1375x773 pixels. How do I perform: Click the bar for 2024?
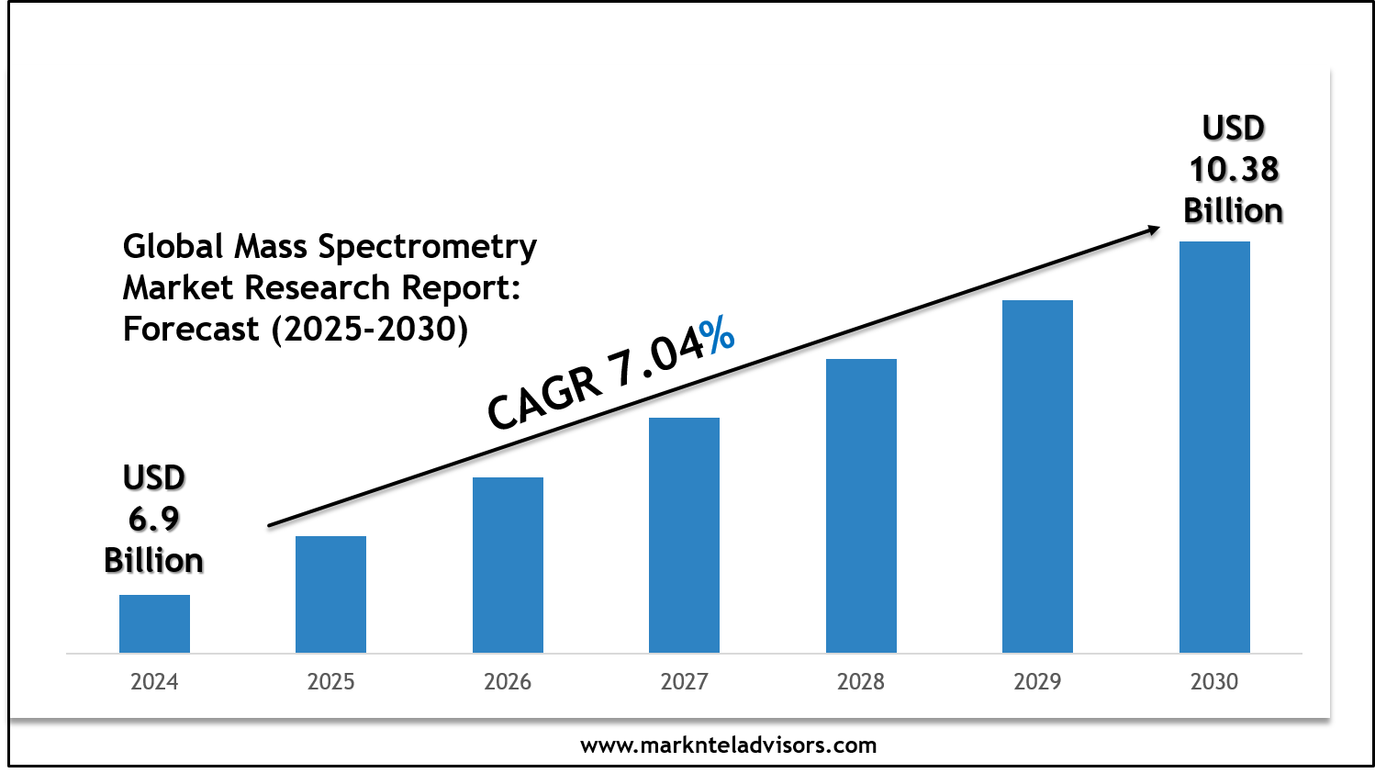154,623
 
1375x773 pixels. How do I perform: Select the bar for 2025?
330,594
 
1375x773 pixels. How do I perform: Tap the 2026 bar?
508,565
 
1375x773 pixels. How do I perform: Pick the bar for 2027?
684,535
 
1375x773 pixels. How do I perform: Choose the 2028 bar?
861,506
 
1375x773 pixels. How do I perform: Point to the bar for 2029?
1037,476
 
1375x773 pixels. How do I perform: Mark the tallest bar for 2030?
1214,447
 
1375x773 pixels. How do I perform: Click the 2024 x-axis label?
154,681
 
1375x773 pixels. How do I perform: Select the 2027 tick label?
684,681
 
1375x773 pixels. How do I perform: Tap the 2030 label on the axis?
1214,681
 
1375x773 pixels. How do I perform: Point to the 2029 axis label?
1037,681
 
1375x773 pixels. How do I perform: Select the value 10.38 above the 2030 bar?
1234,170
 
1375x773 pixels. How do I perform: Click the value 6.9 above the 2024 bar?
154,520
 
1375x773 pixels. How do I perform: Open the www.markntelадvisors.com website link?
728,745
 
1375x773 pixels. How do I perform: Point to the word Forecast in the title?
191,329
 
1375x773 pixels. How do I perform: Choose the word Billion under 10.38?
1233,211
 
